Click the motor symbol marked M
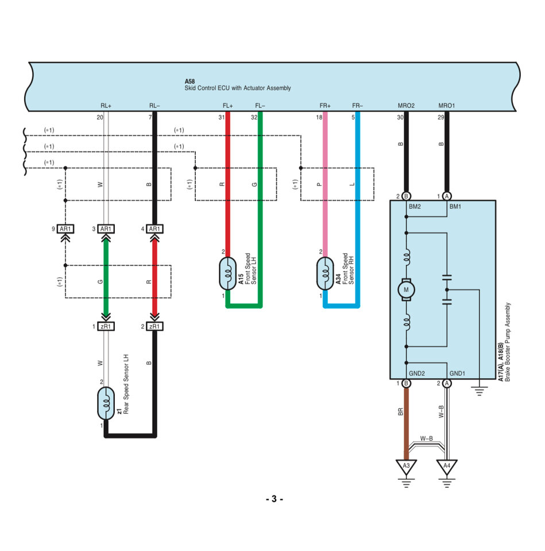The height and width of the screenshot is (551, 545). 406,290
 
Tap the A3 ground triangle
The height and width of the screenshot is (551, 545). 406,467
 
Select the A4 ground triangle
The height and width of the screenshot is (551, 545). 447,467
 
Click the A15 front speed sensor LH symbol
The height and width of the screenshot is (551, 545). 227,274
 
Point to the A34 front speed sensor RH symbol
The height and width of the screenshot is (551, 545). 325,274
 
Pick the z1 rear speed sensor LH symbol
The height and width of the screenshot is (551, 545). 106,403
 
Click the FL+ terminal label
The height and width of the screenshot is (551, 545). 227,106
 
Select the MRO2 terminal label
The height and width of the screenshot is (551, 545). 406,106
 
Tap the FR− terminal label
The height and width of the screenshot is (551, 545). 357,106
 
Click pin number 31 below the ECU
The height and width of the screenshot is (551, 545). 222,117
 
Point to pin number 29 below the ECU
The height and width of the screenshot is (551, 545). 440,117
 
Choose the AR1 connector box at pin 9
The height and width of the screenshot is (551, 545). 65,229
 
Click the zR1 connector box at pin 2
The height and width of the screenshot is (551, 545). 154,327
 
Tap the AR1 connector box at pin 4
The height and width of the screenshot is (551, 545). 154,229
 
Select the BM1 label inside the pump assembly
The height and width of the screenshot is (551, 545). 455,207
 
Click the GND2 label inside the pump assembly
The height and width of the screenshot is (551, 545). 417,374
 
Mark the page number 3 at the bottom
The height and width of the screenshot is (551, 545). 275,499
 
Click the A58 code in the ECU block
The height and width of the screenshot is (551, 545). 190,82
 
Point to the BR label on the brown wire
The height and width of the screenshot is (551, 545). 400,412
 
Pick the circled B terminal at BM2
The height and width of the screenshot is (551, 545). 406,196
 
